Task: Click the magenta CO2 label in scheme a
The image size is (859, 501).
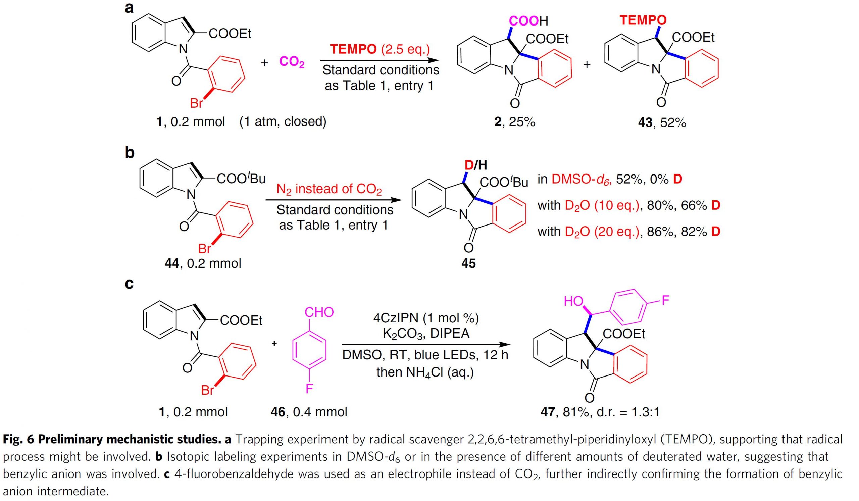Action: [x=292, y=62]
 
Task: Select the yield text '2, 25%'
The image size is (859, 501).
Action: [x=515, y=122]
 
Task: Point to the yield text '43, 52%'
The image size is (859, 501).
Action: [x=662, y=122]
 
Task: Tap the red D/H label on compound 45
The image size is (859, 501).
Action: [x=476, y=165]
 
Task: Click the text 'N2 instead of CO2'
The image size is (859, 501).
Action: [x=329, y=189]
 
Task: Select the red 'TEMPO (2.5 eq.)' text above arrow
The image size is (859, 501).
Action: [x=380, y=49]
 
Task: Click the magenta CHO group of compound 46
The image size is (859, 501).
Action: [x=319, y=312]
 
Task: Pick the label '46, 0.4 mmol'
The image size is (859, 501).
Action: [x=309, y=412]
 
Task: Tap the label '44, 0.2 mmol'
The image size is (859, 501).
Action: [x=203, y=263]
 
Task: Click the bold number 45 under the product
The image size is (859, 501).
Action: [x=468, y=263]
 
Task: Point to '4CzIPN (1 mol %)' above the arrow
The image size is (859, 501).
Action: [x=426, y=318]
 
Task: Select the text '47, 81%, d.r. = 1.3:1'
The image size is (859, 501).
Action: [x=600, y=412]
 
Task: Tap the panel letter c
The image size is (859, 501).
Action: [x=129, y=284]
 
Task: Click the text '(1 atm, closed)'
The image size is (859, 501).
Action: [x=283, y=121]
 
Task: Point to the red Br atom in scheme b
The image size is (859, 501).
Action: [x=205, y=249]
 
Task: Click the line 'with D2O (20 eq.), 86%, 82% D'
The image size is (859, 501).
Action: [x=629, y=232]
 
